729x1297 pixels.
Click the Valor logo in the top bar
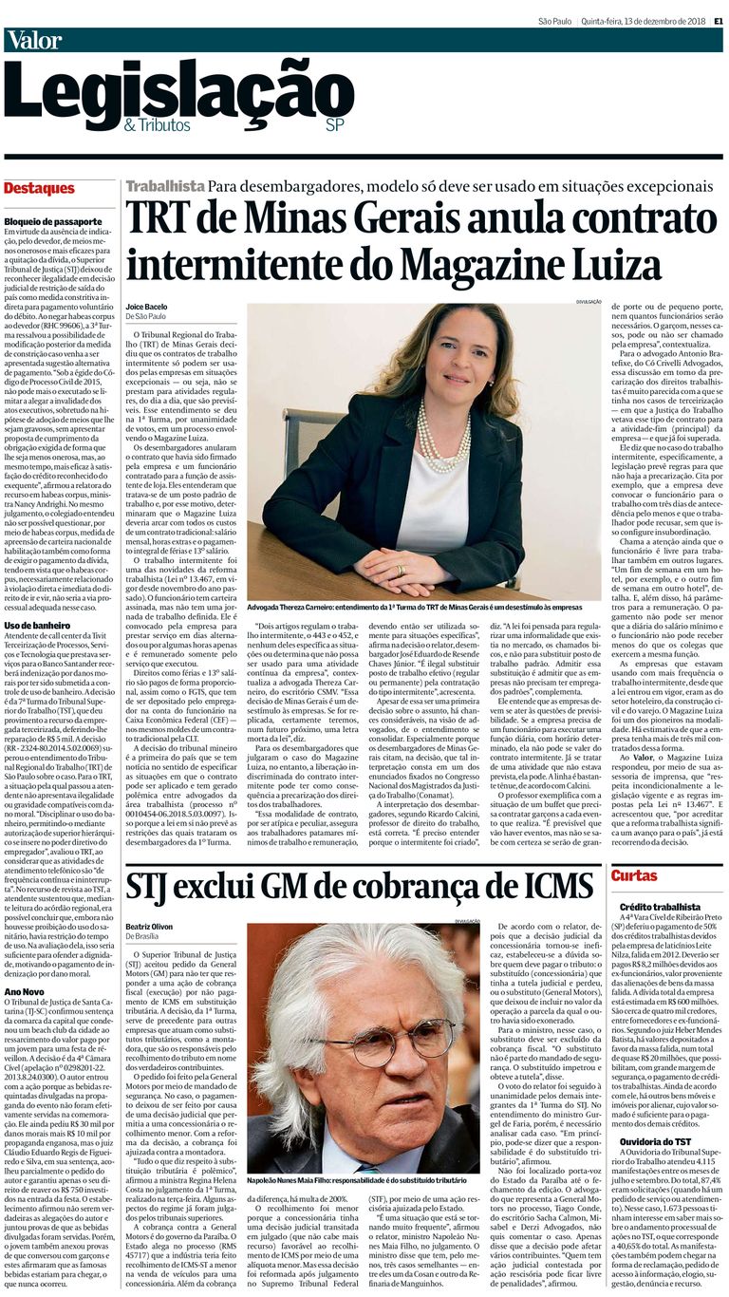[34, 40]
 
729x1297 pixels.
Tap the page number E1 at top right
[719, 20]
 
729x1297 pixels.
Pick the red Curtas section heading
[634, 875]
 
